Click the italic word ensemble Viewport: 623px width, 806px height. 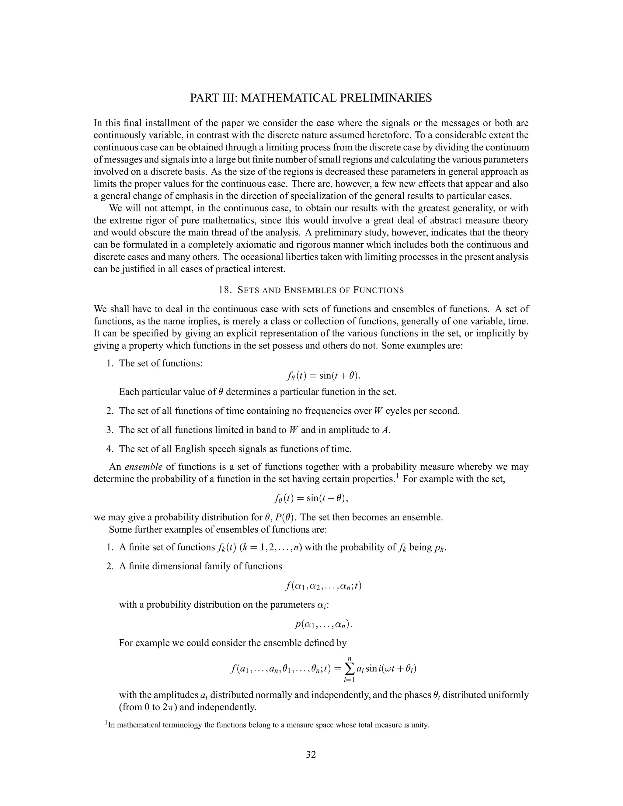pos(143,467)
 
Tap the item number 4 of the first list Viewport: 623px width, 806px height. pos(109,449)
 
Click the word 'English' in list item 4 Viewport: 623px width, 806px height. pos(192,449)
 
